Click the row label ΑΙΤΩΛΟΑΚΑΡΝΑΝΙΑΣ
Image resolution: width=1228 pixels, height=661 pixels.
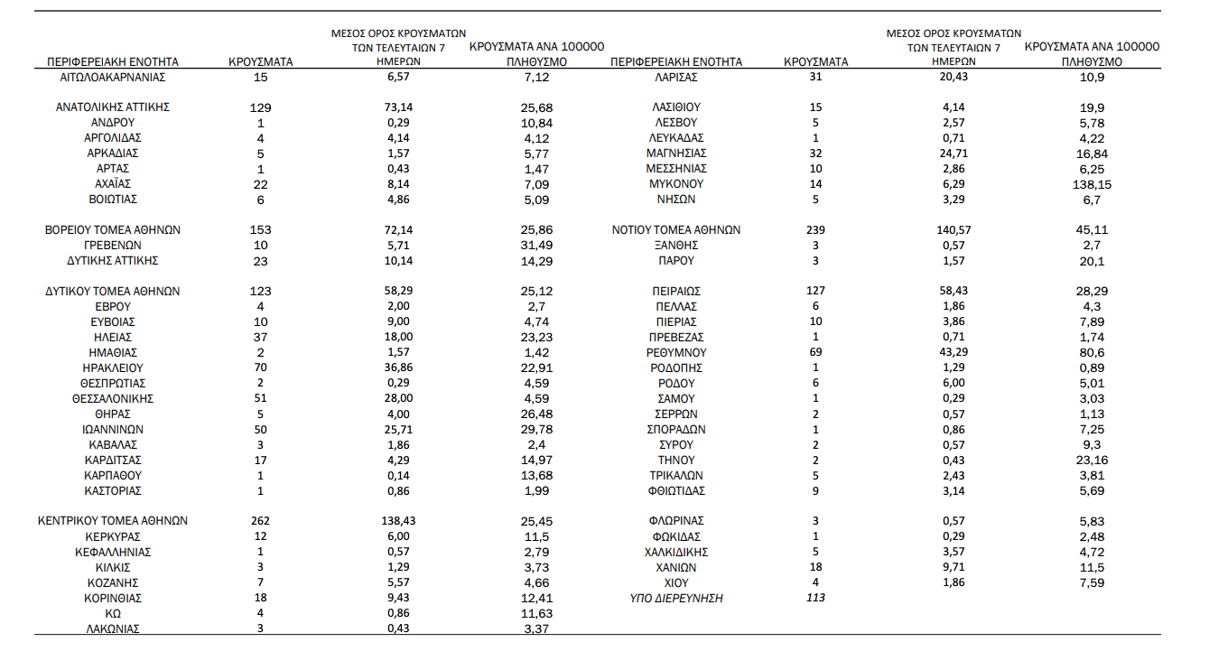pos(113,77)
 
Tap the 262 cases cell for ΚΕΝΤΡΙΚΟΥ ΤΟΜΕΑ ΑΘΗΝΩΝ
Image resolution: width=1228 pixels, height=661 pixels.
pos(260,521)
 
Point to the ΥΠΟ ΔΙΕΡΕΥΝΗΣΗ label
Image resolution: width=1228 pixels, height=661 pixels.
pos(676,598)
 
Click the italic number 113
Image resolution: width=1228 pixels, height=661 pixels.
pos(815,598)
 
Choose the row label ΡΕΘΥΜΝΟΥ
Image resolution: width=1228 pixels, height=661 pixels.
pos(676,352)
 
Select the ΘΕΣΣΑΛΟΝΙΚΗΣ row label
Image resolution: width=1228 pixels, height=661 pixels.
pos(113,398)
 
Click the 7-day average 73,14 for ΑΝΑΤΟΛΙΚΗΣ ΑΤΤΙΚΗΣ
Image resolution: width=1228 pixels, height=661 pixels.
pos(398,107)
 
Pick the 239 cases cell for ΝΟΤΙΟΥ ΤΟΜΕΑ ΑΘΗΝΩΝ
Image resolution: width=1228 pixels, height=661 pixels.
pos(815,229)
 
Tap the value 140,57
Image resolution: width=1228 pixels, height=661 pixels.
pos(953,229)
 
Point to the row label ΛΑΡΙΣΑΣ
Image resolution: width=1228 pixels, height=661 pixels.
pos(676,77)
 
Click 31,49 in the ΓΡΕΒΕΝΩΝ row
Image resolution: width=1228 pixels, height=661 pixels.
pos(537,245)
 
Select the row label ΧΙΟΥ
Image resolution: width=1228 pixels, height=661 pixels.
pos(676,582)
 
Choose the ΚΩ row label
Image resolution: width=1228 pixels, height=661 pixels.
pos(113,613)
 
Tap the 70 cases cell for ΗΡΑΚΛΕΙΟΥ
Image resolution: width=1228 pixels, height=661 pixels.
pos(260,368)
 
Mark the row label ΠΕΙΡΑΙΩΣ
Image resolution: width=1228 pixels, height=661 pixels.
pos(676,291)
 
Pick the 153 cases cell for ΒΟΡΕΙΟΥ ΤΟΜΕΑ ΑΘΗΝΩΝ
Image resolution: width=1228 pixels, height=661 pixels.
pos(260,229)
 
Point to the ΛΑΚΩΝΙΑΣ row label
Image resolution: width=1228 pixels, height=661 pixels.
pos(113,628)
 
